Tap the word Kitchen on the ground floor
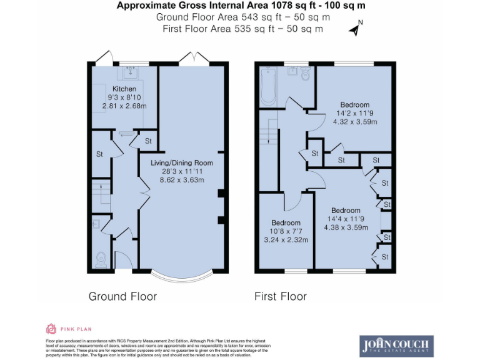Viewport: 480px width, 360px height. tap(124, 89)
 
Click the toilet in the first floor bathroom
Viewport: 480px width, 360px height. tap(305, 74)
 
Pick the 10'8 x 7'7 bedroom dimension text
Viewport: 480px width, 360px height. tap(286, 231)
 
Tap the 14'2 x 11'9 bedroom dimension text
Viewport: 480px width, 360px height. tap(354, 113)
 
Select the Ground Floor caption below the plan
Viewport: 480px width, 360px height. tap(122, 296)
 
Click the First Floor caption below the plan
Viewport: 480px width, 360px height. tap(281, 296)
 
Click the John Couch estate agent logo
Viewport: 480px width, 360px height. tap(396, 346)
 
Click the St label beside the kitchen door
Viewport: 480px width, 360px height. tap(148, 141)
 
